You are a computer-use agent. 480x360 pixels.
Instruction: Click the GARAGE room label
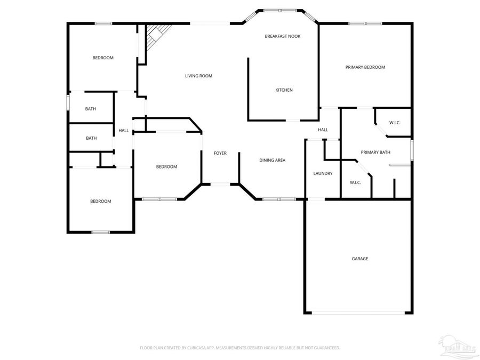pyautogui.click(x=359, y=259)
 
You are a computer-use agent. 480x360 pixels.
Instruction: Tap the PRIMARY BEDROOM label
pyautogui.click(x=365, y=67)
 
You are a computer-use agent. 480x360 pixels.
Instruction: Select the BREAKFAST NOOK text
pyautogui.click(x=283, y=36)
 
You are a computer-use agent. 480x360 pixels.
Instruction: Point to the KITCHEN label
pyautogui.click(x=284, y=90)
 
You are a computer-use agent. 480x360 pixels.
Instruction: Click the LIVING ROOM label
pyautogui.click(x=198, y=76)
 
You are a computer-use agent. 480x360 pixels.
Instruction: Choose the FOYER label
pyautogui.click(x=220, y=153)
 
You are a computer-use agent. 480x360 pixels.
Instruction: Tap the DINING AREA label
pyautogui.click(x=272, y=160)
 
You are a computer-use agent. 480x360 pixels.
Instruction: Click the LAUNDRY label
pyautogui.click(x=323, y=173)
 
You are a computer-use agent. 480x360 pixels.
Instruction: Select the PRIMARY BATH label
pyautogui.click(x=375, y=153)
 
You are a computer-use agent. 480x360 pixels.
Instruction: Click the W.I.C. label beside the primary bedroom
pyautogui.click(x=395, y=123)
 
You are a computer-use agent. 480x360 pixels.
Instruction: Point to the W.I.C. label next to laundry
pyautogui.click(x=355, y=182)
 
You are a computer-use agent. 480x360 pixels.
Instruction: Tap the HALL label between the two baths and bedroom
pyautogui.click(x=123, y=130)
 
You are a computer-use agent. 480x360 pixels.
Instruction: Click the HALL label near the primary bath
pyautogui.click(x=323, y=130)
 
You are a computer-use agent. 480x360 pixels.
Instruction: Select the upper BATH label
pyautogui.click(x=91, y=109)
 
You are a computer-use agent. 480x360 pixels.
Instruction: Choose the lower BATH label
pyautogui.click(x=91, y=138)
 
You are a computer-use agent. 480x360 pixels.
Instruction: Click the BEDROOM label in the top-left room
pyautogui.click(x=102, y=58)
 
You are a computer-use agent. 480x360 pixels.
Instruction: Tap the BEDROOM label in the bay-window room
pyautogui.click(x=166, y=167)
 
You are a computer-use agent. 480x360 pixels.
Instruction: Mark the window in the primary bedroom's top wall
pyautogui.click(x=365, y=23)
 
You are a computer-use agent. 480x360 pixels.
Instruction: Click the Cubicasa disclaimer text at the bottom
pyautogui.click(x=239, y=348)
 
